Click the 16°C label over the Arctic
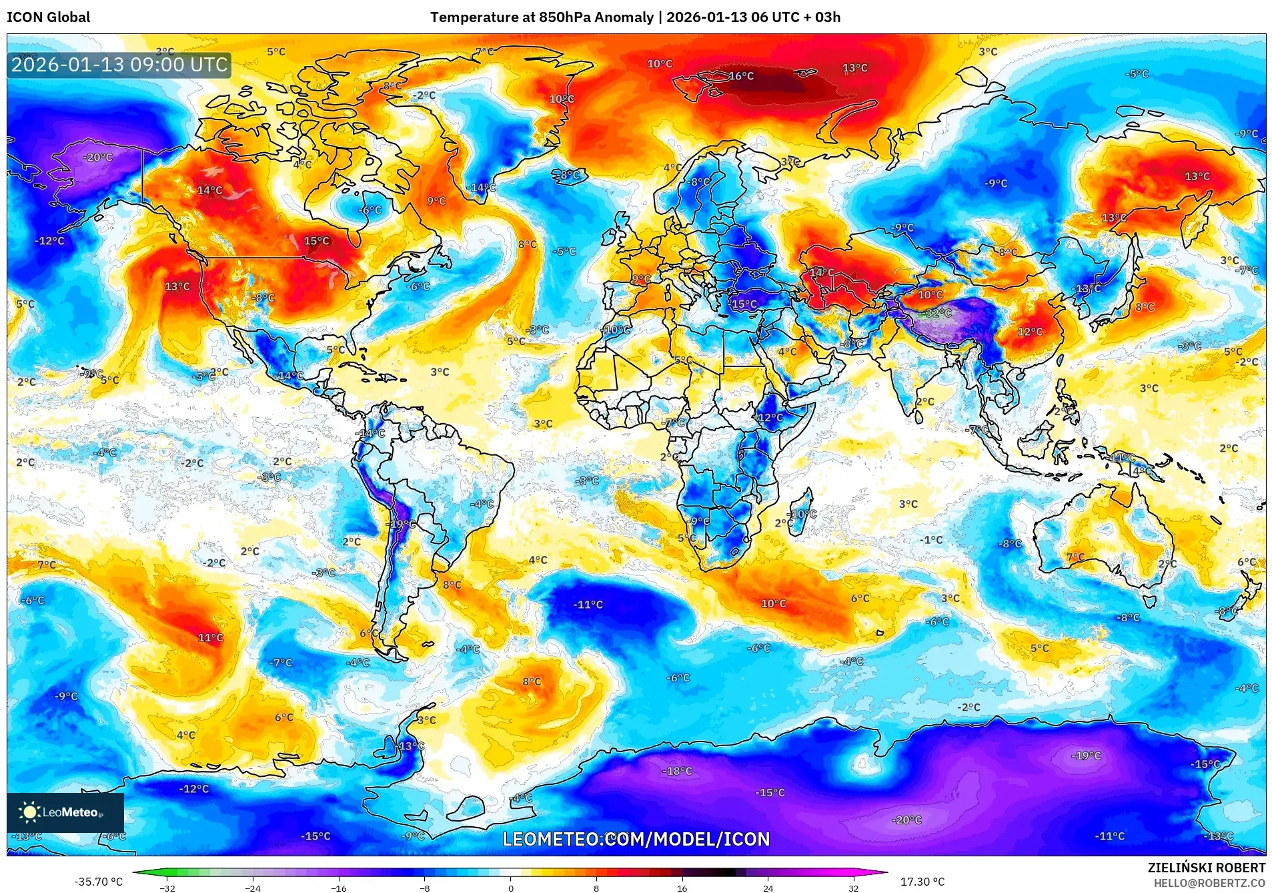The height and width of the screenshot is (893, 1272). click(x=740, y=76)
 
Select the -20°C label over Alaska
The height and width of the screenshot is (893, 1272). click(x=98, y=158)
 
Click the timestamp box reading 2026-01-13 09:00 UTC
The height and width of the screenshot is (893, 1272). click(x=119, y=65)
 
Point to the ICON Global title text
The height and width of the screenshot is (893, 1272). click(x=48, y=17)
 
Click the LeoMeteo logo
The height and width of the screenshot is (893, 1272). click(x=65, y=812)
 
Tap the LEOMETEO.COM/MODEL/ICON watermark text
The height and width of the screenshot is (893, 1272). click(x=636, y=839)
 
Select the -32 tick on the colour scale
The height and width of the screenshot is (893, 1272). click(x=167, y=888)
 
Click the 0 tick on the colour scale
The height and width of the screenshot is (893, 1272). click(x=511, y=888)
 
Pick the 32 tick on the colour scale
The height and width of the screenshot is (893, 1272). click(x=854, y=888)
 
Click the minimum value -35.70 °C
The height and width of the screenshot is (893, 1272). click(x=99, y=882)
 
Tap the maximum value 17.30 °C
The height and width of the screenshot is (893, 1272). click(x=922, y=882)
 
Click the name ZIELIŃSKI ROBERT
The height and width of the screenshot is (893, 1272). click(x=1206, y=868)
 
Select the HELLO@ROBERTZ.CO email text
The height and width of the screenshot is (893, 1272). click(x=1209, y=883)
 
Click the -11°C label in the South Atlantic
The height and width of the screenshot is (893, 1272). click(x=588, y=605)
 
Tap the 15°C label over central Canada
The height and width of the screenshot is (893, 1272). click(x=317, y=241)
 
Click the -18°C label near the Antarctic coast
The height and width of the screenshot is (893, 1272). click(x=677, y=771)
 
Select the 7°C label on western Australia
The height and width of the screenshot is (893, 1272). click(x=1075, y=557)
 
